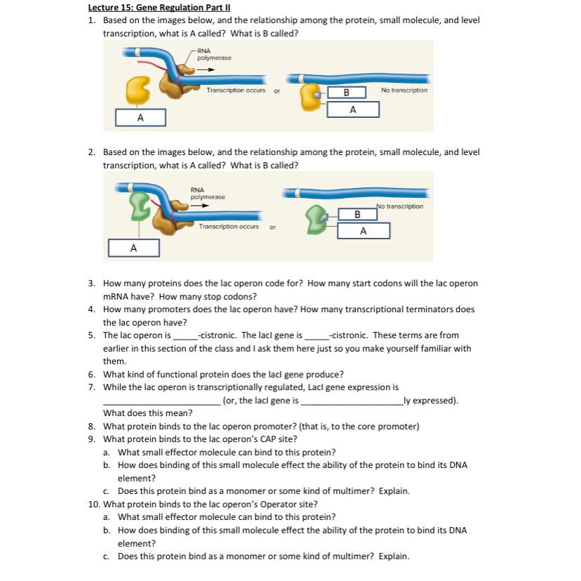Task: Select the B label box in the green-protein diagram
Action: tap(357, 213)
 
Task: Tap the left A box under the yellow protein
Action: tap(140, 117)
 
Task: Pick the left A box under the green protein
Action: tap(133, 248)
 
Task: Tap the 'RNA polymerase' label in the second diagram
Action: tap(208, 193)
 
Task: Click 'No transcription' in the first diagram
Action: tap(403, 91)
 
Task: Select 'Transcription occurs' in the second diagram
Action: tap(228, 226)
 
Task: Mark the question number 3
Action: tap(92, 283)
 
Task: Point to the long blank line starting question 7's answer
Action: tap(161, 401)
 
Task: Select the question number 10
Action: tap(94, 504)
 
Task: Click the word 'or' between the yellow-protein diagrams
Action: tap(276, 91)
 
